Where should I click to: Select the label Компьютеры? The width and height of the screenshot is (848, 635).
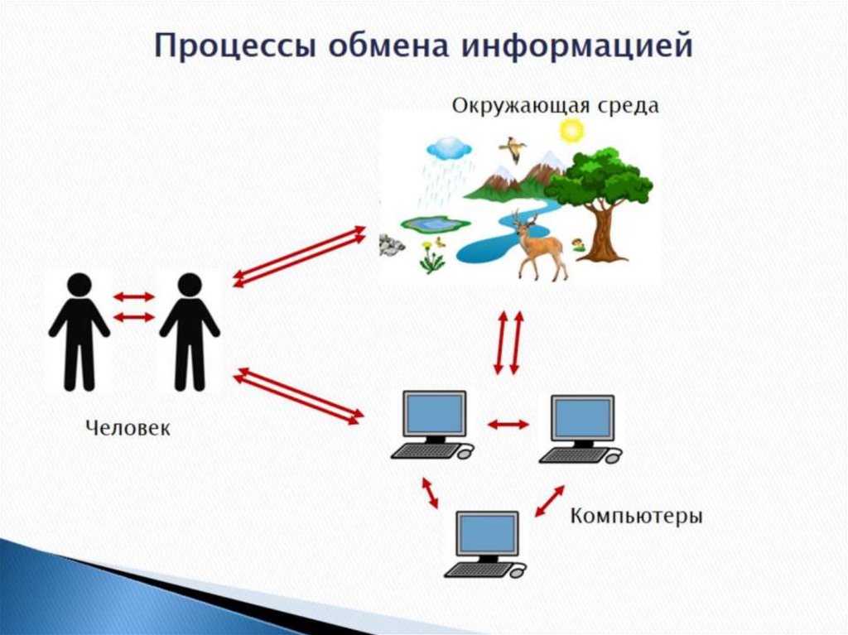[636, 517]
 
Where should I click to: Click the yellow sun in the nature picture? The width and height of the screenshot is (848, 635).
[571, 130]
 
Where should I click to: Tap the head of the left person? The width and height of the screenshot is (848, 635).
[79, 286]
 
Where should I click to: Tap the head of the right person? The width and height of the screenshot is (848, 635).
[190, 286]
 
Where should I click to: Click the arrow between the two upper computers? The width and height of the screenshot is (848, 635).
[507, 424]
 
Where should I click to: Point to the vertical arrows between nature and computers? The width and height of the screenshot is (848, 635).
[508, 342]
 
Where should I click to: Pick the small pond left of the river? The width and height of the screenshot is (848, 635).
[430, 224]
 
